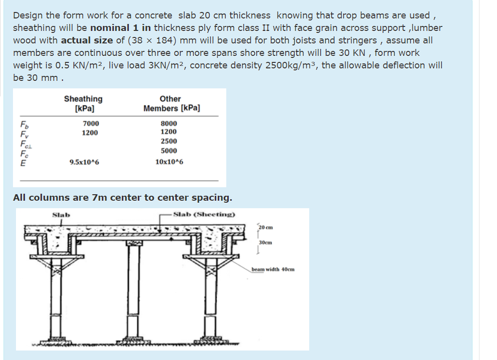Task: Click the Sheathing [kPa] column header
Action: coord(83,103)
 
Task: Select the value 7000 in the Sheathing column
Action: coord(91,123)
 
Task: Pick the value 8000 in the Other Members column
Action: coord(169,123)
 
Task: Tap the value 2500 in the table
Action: coord(169,141)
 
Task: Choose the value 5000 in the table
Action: coord(169,151)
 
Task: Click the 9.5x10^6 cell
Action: coord(84,162)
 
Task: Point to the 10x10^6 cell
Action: coord(169,162)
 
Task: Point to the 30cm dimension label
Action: coord(265,243)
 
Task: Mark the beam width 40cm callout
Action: coord(273,269)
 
